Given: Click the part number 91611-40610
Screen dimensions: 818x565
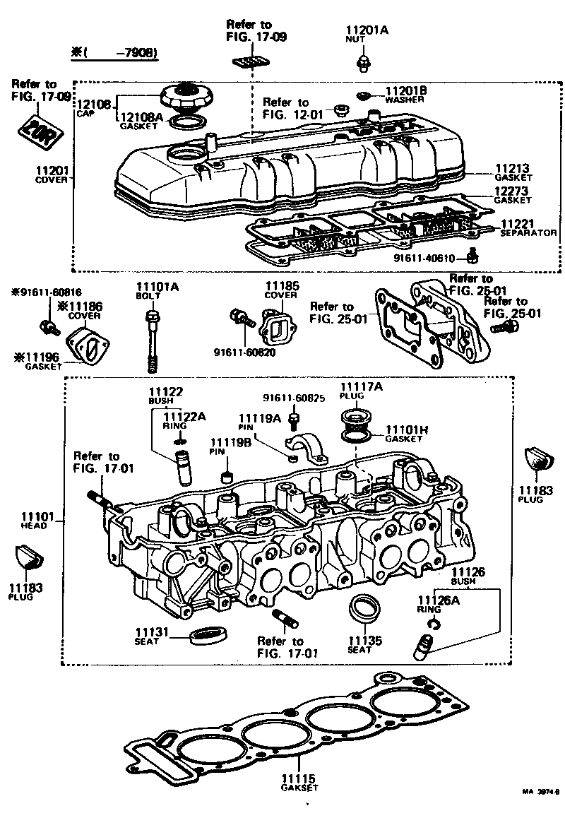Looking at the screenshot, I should coord(432,258).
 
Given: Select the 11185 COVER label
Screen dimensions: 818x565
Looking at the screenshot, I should coord(282,290).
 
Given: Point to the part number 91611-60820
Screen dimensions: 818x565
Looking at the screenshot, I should coord(244,352).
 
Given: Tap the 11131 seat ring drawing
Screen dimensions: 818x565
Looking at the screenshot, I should coord(209,634).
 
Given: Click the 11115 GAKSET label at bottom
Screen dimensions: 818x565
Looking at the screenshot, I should coord(299,782).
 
